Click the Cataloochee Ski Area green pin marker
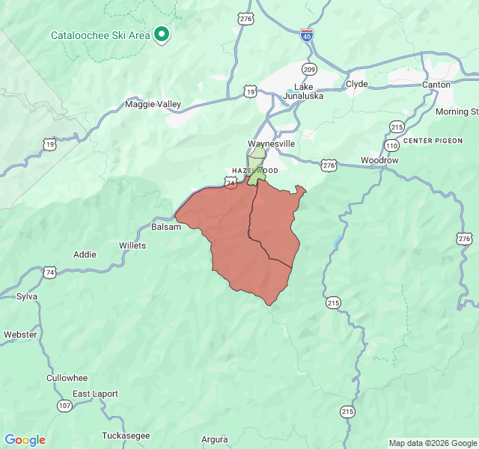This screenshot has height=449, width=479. (161, 34)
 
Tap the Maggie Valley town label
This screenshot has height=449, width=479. (153, 104)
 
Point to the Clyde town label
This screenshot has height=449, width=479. (356, 84)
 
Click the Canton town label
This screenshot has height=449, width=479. (436, 84)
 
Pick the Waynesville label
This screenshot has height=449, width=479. (271, 144)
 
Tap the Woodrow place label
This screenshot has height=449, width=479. (379, 161)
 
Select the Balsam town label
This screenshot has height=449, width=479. (166, 227)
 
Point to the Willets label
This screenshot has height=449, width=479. (132, 245)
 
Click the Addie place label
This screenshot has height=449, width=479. (85, 254)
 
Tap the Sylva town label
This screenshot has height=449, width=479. (27, 296)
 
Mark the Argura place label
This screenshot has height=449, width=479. (215, 439)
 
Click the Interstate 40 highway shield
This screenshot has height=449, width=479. (307, 34)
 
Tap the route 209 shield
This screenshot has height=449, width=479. (308, 69)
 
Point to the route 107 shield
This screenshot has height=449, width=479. (64, 405)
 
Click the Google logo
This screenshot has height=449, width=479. (25, 440)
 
